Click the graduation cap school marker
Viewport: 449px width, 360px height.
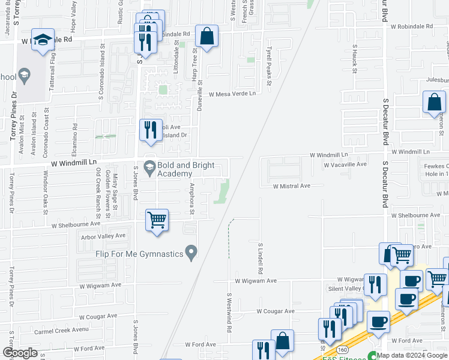click(43, 40)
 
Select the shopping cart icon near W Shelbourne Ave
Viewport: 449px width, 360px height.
click(157, 220)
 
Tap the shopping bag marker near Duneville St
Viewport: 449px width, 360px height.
click(206, 37)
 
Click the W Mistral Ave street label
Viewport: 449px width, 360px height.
click(291, 186)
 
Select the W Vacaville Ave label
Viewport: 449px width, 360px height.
click(345, 164)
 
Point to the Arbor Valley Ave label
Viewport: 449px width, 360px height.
click(103, 236)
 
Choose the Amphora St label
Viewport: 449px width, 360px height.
click(192, 199)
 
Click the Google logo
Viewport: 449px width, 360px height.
click(20, 353)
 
